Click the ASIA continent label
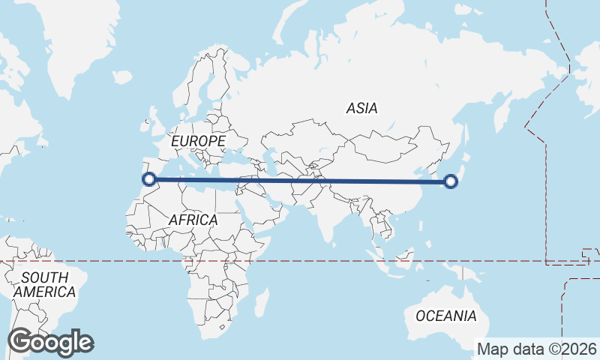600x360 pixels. [x=361, y=109]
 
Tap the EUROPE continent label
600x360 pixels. [x=198, y=141]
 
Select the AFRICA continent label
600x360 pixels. [x=193, y=220]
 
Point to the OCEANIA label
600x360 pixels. [x=446, y=316]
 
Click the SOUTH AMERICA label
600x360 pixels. [x=45, y=285]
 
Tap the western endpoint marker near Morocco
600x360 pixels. [x=149, y=179]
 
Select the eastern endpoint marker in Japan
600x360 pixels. [x=451, y=181]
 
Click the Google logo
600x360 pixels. [x=50, y=342]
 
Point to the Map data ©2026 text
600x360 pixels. [x=537, y=349]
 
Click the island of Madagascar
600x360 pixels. [x=261, y=304]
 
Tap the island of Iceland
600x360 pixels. [x=121, y=76]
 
